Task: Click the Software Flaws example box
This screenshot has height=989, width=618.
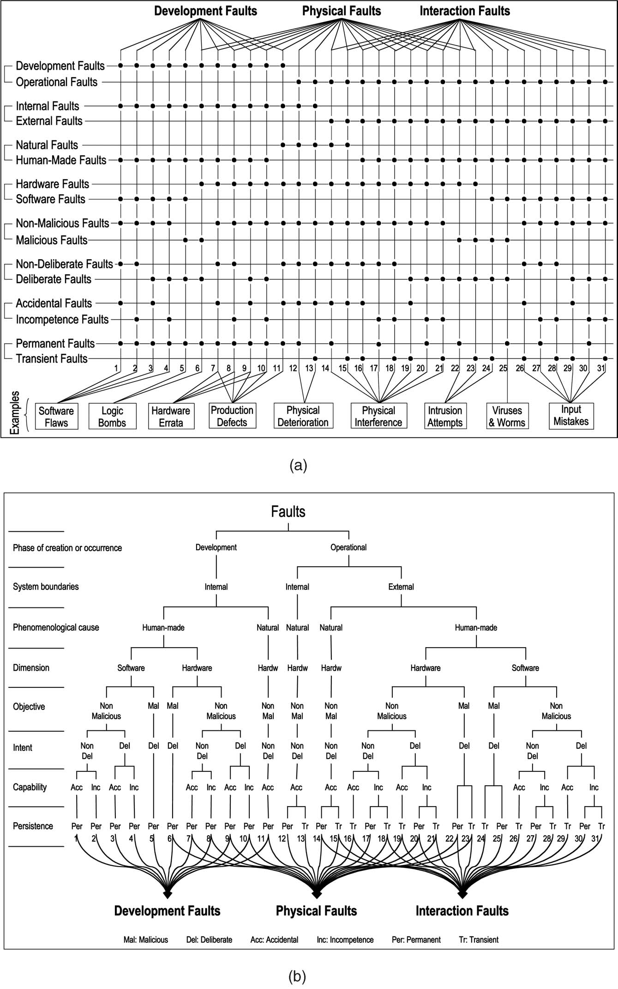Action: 56,416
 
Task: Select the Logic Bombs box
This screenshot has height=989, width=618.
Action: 112,417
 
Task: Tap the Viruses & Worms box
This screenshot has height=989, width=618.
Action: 507,416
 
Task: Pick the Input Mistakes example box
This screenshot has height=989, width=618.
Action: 571,415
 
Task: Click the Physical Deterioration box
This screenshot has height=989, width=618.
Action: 303,416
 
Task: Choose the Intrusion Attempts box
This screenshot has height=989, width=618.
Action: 444,416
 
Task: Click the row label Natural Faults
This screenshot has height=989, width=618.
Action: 47,145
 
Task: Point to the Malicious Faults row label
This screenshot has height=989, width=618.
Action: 52,240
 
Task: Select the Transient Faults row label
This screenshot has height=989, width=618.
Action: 52,358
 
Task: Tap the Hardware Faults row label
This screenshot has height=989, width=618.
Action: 52,184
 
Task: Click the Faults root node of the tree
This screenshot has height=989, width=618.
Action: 288,512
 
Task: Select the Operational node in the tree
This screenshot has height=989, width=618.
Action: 348,547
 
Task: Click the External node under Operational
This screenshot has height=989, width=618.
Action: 401,587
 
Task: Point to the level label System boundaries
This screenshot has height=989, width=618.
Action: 46,587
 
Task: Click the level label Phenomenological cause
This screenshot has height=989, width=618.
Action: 56,627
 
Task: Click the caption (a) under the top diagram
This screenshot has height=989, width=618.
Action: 298,465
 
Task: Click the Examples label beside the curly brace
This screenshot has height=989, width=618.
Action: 15,413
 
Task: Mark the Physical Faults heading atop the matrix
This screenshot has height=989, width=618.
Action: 342,11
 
